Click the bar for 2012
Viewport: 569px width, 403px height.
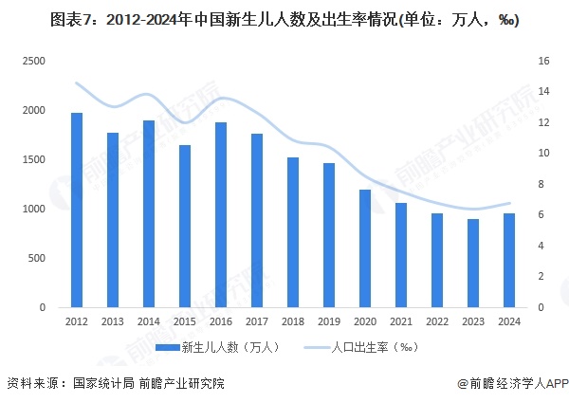77,211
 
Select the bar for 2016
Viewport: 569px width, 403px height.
221,215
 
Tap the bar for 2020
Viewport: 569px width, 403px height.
365,248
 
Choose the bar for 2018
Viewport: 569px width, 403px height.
293,232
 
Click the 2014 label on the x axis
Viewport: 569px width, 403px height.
149,322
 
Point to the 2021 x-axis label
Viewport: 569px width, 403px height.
401,322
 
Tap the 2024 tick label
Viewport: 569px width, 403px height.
509,322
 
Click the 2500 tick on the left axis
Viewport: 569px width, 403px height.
34,61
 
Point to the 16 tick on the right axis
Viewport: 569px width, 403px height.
543,61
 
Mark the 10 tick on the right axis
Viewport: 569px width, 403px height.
543,154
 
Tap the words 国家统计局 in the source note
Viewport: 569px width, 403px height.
102,384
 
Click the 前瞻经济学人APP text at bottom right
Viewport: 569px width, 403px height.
517,384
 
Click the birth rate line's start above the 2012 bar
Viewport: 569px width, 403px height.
77,84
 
